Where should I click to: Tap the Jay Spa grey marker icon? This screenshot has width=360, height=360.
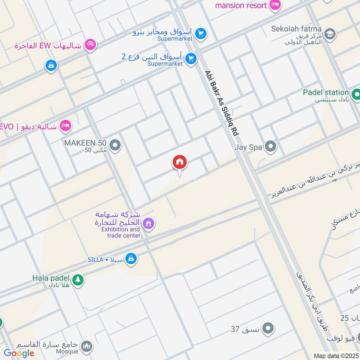[270, 147]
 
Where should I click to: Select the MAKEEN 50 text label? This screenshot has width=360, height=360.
[85, 143]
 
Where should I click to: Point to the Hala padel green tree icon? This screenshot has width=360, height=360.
[78, 279]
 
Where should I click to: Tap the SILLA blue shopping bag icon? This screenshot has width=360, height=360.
[131, 258]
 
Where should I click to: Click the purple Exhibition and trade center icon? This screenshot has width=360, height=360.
[148, 223]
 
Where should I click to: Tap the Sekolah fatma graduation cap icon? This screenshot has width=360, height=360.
[330, 34]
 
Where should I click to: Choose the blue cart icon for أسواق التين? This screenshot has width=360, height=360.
[191, 58]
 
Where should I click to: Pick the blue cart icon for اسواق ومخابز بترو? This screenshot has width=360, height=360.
[201, 33]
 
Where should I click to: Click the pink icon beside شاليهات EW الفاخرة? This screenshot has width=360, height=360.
[90, 44]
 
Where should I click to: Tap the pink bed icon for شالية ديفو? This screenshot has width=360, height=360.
[66, 126]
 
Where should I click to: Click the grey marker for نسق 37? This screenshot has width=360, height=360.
[268, 328]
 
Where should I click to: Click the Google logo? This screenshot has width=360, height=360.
[19, 353]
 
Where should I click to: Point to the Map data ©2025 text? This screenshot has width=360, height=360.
[336, 356]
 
